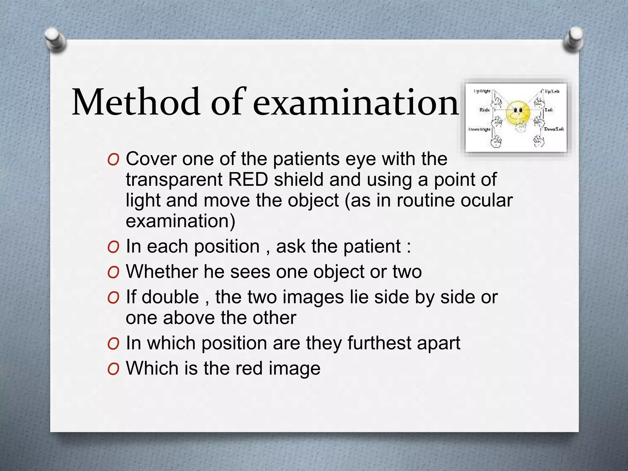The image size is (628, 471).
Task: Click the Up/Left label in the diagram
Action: pyautogui.click(x=552, y=91)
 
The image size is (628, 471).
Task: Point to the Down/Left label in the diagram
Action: pyautogui.click(x=554, y=129)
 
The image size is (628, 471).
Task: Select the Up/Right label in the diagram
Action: pyautogui.click(x=482, y=91)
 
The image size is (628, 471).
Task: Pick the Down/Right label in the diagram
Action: pyautogui.click(x=479, y=129)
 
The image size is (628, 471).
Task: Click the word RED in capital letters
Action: pyautogui.click(x=248, y=180)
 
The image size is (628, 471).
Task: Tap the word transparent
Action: pyautogui.click(x=174, y=180)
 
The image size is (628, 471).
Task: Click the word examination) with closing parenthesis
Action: pyautogui.click(x=181, y=221)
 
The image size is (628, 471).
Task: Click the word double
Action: pyautogui.click(x=170, y=297)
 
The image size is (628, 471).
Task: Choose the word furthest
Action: pyautogui.click(x=379, y=343)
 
